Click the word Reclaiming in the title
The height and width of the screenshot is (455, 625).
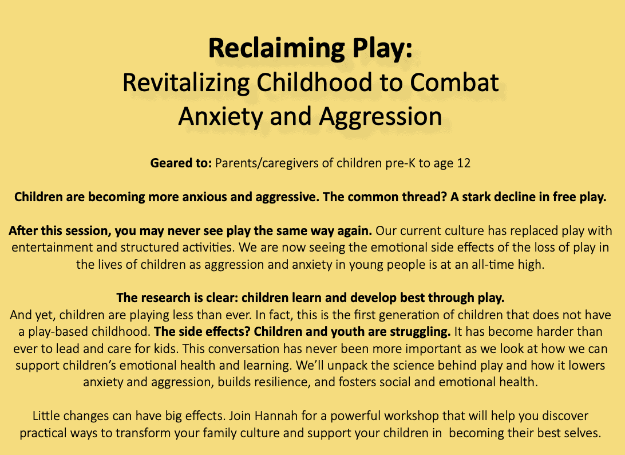276,49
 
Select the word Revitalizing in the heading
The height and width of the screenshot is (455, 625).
186,83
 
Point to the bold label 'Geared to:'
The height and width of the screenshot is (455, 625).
181,163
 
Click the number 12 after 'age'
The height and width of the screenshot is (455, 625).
464,163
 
